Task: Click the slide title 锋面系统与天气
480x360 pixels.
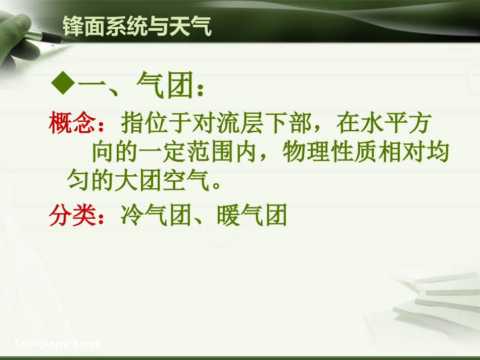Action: (137, 26)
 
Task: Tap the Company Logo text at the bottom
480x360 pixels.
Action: (58, 344)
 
